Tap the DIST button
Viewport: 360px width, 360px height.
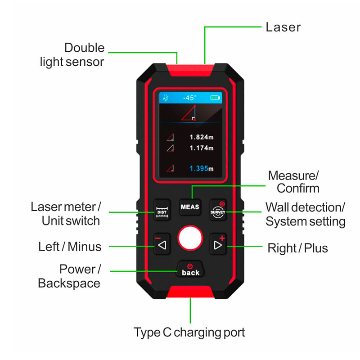pos(162,210)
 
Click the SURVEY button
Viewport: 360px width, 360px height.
pos(218,210)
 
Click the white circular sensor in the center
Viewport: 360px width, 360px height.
pos(190,238)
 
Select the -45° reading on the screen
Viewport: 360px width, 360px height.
pos(189,98)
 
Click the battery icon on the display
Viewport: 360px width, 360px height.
pos(216,98)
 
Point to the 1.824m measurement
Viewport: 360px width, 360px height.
pos(201,137)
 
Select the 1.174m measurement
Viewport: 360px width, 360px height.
pos(201,148)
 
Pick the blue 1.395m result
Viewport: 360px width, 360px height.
pos(201,168)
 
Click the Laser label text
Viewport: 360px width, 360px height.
pos(283,27)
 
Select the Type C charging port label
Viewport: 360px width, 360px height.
pos(189,333)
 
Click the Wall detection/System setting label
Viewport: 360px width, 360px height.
pos(305,214)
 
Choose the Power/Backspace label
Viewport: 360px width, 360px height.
pos(69,276)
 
